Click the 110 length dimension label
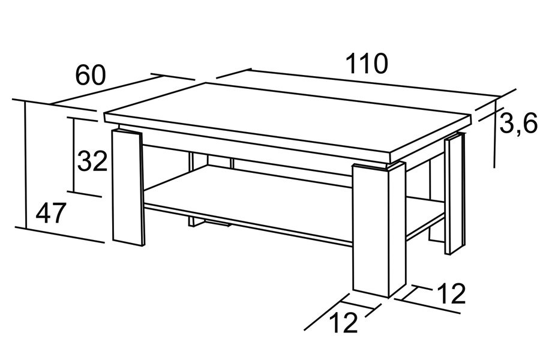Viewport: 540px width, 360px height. (367, 64)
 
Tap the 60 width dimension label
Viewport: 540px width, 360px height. (89, 75)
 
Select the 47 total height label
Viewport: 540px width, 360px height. (50, 213)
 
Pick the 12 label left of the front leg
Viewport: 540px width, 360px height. (344, 323)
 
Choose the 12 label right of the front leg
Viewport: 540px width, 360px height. (451, 293)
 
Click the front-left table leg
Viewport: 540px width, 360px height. (127, 188)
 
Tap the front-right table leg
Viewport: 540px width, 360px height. (379, 230)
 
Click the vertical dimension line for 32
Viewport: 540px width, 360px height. (73, 154)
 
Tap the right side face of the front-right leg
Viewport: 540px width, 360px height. (397, 230)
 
